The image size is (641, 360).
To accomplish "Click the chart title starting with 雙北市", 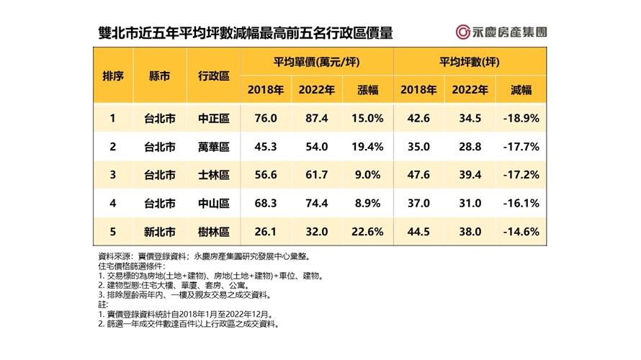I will [245, 33].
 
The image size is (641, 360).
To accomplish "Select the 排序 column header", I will [113, 75].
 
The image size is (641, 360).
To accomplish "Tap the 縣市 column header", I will [159, 75].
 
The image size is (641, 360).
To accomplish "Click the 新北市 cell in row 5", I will [159, 233].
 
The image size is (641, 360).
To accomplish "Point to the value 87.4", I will [317, 118].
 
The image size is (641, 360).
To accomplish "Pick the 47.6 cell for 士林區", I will [419, 176].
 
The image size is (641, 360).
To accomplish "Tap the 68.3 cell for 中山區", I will [264, 204].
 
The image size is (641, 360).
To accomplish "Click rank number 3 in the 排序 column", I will [112, 176].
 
